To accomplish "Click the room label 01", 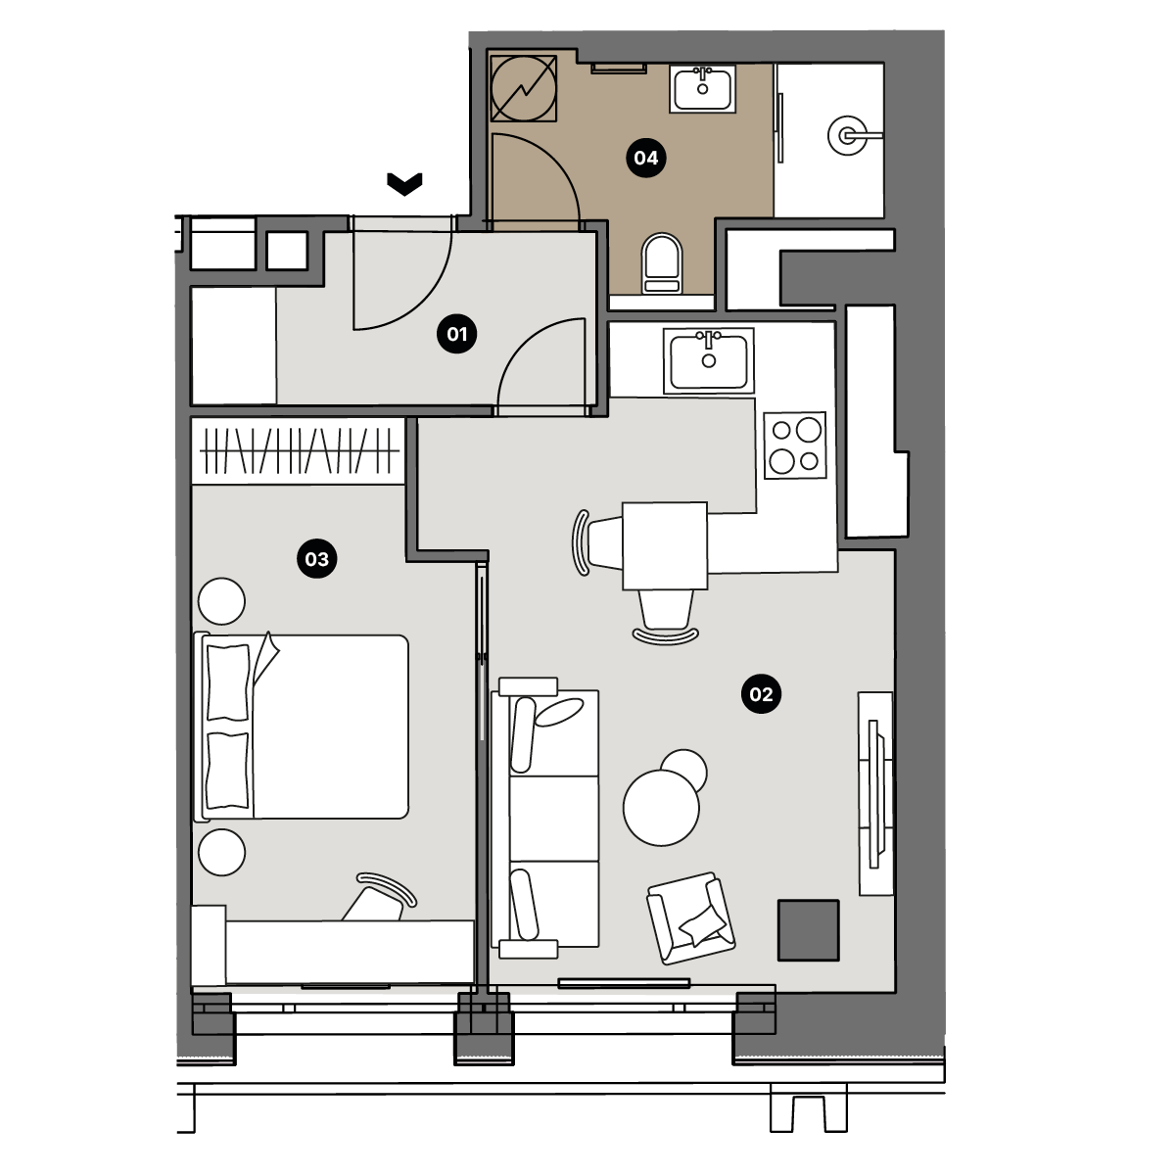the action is coord(456,334).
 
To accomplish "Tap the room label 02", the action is coord(761,694).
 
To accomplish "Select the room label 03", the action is coord(317,558).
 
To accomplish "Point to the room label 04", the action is coord(646,158).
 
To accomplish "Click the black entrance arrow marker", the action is coord(404,183).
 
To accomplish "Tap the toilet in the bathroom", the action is coord(662,263).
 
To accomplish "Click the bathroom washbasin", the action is coord(702,89).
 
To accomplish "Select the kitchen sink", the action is coord(709,361).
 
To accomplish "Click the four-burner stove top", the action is coord(795,446).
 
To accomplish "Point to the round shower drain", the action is coord(848,135).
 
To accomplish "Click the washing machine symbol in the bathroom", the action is coord(523,88).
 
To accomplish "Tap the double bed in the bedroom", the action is coord(302,727).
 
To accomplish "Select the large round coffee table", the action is coord(661,807).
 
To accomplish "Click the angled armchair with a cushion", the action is coord(691,918).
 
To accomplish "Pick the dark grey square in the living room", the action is coord(809,930).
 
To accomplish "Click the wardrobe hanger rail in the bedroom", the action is coord(299,451).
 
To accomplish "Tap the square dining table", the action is coord(665,545).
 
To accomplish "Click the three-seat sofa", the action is coord(545,819).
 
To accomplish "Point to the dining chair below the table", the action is coord(666,617).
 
